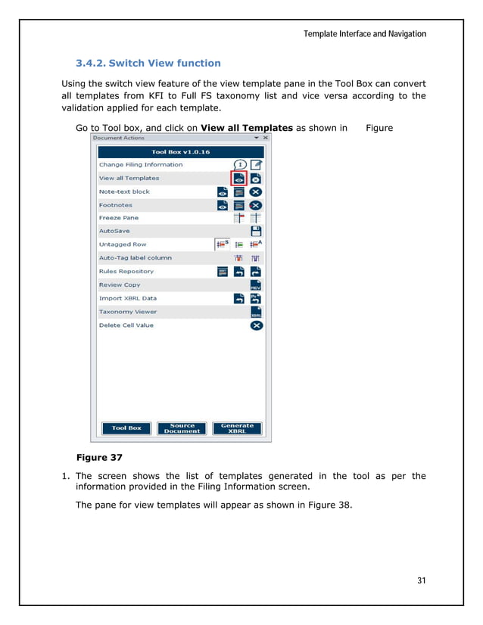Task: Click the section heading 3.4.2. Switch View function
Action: pyautogui.click(x=148, y=63)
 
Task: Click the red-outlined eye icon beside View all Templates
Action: pyautogui.click(x=239, y=179)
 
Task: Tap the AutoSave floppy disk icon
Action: pyautogui.click(x=256, y=232)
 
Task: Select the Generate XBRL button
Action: pyautogui.click(x=237, y=428)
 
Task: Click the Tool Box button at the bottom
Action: pyautogui.click(x=126, y=428)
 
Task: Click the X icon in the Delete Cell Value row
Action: pyautogui.click(x=256, y=325)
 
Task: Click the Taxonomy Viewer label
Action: pyautogui.click(x=128, y=312)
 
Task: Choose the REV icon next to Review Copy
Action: pyautogui.click(x=256, y=285)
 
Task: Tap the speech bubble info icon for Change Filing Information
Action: pyautogui.click(x=239, y=165)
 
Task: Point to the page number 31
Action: pyautogui.click(x=422, y=580)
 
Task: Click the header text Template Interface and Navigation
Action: pyautogui.click(x=364, y=34)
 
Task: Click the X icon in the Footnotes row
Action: pyautogui.click(x=256, y=205)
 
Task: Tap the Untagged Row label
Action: pyautogui.click(x=123, y=244)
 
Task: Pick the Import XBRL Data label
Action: pyautogui.click(x=128, y=298)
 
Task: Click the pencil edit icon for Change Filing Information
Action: pyautogui.click(x=256, y=165)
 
